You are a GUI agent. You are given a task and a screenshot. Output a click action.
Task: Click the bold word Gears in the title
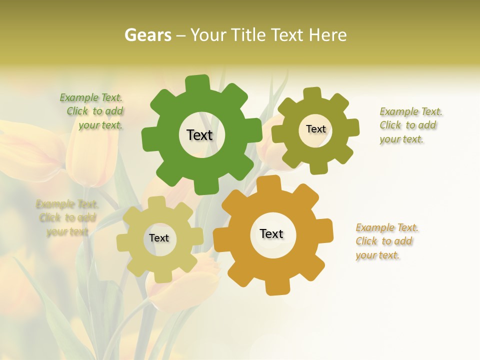[x=148, y=35]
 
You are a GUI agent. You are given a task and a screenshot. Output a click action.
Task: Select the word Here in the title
[x=328, y=35]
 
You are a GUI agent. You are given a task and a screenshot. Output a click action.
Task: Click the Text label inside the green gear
[x=199, y=135]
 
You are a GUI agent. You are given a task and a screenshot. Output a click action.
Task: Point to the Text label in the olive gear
[x=315, y=129]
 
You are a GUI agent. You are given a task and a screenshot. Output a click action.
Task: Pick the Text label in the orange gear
[x=271, y=233]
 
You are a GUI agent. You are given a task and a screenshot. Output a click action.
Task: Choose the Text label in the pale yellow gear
[x=159, y=238]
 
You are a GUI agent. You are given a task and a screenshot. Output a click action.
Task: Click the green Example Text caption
[x=91, y=98]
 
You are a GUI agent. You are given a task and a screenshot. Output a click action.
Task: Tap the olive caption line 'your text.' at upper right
[x=401, y=139]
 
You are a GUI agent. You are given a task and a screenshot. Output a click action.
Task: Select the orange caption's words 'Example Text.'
[x=387, y=228]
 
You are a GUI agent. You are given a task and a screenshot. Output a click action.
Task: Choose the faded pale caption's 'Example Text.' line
[x=67, y=204]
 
